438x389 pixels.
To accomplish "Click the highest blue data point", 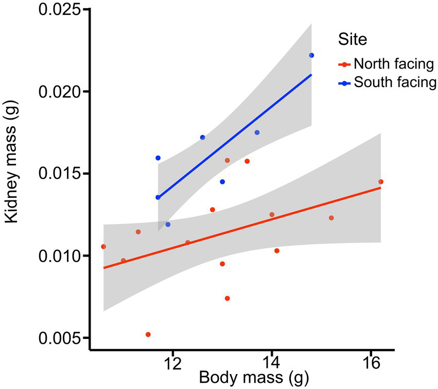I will [311, 55].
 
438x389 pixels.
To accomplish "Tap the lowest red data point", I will [148, 334].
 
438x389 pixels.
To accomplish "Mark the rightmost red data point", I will [381, 181].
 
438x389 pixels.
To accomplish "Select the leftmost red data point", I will [103, 246].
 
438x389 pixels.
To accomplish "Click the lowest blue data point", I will [168, 224].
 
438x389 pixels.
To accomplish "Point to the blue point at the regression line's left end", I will [158, 197].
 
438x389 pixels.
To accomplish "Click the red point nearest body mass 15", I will [331, 218].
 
